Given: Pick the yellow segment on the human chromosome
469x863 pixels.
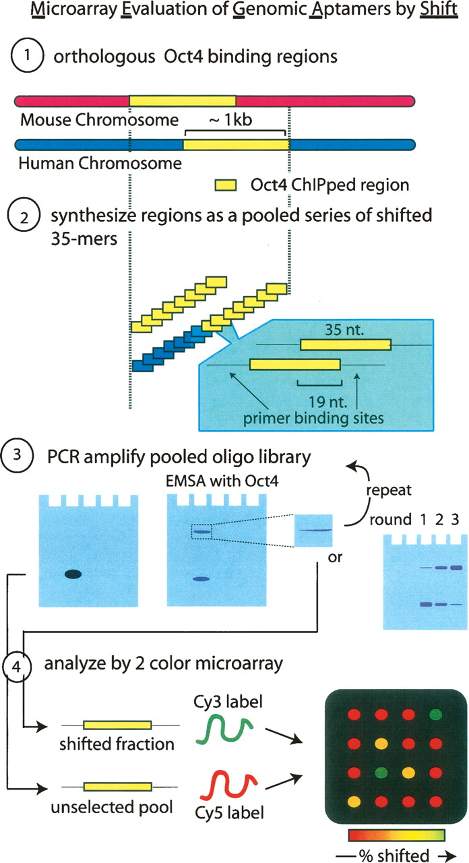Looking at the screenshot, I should tap(236, 144).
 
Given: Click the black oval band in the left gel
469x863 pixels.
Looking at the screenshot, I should tap(73, 574).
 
